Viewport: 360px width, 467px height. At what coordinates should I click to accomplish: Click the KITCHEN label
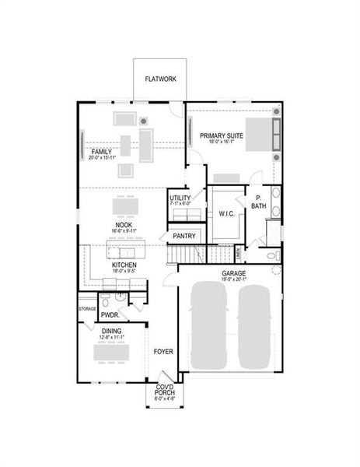pos(124,265)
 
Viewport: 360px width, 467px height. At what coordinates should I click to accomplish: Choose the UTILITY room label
pos(180,198)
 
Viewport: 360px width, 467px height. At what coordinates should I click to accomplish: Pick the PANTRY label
pos(184,235)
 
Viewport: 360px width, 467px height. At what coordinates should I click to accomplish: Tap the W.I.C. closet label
pos(227,213)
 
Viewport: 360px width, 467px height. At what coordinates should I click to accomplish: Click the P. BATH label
pos(258,202)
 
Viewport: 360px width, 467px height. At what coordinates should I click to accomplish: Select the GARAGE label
pos(234,274)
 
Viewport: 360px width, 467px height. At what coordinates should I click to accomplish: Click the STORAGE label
pos(87,309)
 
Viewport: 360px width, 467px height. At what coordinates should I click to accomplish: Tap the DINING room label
pos(112,331)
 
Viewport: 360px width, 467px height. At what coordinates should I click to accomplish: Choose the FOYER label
pos(163,351)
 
